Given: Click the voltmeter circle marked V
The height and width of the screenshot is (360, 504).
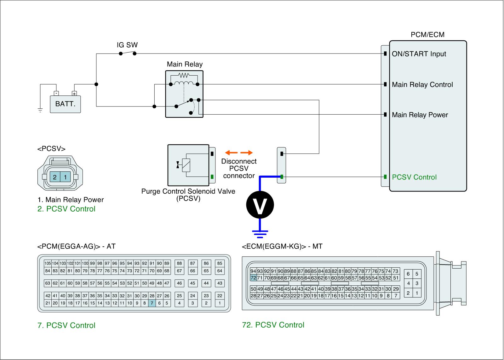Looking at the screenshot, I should tap(260, 205).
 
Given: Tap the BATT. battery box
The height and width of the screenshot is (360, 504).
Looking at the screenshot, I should tap(66, 104).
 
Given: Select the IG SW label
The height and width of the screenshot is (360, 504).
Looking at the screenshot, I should tap(127, 45).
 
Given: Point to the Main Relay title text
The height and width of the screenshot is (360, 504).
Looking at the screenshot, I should tap(185, 65).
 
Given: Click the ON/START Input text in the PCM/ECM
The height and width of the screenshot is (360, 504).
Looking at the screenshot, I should tap(419, 54).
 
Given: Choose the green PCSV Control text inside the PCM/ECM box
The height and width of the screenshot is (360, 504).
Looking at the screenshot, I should tap(414, 177).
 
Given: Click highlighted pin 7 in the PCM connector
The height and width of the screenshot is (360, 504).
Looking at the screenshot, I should tap(152, 303).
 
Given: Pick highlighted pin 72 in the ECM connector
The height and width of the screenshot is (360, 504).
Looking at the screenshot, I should tap(253, 278).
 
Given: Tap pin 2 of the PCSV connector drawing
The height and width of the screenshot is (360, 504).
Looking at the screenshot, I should tap(55, 177).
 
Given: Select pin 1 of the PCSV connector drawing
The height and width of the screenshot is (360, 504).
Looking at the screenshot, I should tap(65, 177).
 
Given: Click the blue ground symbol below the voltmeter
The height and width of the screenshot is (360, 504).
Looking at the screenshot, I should tap(260, 233).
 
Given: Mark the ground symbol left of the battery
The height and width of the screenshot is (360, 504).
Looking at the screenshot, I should tap(40, 110).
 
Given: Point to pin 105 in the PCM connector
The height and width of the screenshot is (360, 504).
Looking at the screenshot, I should tap(48, 263).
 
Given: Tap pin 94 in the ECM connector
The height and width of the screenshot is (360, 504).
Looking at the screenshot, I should tap(253, 271).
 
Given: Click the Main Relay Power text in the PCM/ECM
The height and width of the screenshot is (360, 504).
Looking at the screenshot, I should tap(420, 115).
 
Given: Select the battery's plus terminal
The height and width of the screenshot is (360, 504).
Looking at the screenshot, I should tap(74, 93).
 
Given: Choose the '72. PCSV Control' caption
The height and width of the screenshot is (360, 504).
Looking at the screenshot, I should tap(273, 325).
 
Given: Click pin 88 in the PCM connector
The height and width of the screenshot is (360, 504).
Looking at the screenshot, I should tap(179, 263).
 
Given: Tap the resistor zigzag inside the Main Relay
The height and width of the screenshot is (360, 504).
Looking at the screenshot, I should tap(183, 76).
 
